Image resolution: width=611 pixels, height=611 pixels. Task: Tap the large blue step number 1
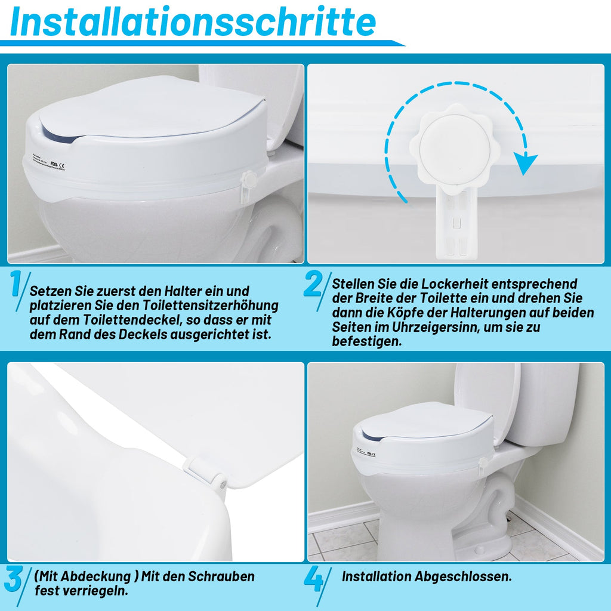click(x=17, y=286)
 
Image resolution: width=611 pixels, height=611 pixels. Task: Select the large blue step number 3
click(x=14, y=579)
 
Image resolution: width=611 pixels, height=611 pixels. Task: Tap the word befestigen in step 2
click(x=366, y=342)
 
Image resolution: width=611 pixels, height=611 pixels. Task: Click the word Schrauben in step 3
click(x=221, y=577)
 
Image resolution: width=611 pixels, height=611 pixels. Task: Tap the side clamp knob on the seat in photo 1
click(x=249, y=180)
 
